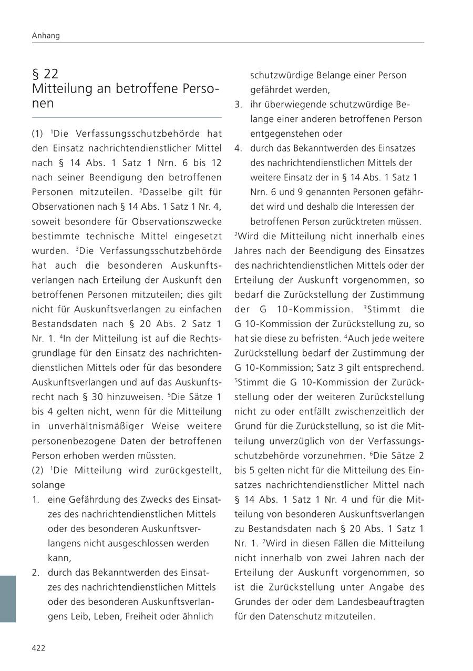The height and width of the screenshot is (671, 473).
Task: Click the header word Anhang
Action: coord(46,36)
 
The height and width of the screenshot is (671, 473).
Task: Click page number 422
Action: coord(38,648)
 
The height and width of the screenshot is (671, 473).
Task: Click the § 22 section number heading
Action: coord(45,74)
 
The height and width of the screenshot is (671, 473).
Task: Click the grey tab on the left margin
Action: coord(8,599)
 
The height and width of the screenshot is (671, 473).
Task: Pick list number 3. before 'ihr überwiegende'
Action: coord(238,104)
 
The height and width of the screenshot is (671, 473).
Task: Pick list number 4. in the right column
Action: coord(238,148)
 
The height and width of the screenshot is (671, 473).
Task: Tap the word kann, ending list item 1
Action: coord(59,557)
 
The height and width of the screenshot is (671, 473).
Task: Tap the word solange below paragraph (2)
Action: coord(48,484)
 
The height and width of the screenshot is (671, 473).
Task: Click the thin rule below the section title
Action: coord(127,117)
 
